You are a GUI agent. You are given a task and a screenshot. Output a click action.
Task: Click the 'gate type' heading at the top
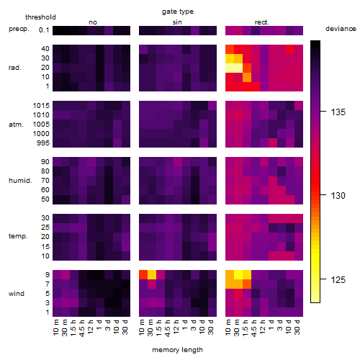pos(178,12)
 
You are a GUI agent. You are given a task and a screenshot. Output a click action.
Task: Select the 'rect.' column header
pos(262,22)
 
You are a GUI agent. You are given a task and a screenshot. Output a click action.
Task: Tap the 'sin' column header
pos(177,22)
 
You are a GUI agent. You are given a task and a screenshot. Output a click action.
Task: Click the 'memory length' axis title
pos(177,350)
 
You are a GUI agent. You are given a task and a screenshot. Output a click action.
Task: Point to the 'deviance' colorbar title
pos(341,29)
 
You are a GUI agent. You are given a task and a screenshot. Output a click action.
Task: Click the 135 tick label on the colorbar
pos(338,112)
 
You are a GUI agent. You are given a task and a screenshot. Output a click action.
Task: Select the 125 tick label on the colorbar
pos(338,280)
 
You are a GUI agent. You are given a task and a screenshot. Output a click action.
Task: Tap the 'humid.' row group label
pos(20,181)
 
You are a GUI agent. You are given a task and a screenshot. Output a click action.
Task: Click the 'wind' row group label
pos(17,294)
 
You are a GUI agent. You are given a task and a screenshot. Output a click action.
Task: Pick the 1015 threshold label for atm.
pos(41,106)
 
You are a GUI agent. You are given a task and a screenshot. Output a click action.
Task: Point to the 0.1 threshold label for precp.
pos(44,30)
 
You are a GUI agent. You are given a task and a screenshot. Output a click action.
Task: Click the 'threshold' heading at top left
pos(40,17)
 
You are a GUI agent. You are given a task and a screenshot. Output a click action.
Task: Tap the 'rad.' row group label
pos(15,68)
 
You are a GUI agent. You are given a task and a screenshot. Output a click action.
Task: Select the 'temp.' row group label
pos(18,236)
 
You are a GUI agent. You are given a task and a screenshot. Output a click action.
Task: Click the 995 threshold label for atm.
pos(43,143)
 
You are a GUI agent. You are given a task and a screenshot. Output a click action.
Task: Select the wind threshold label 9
pos(48,275)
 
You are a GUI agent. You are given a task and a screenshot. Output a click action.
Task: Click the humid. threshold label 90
pos(45,162)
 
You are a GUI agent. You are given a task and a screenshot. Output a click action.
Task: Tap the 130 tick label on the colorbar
pos(338,196)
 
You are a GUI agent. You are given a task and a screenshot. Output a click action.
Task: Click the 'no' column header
pos(93,22)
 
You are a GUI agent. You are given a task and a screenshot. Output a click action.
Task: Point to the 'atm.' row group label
pos(16,125)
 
